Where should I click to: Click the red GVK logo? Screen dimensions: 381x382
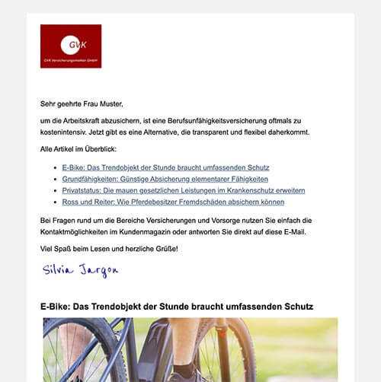point(71,46)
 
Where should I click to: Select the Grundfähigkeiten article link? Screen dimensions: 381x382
point(160,178)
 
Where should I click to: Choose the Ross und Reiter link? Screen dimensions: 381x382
point(173,202)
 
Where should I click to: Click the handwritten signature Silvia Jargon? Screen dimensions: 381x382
point(80,270)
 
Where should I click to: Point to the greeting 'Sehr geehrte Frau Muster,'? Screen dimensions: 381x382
point(82,103)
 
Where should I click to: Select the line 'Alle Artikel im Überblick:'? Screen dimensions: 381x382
point(79,149)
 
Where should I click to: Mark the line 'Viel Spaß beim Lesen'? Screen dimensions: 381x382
point(109,249)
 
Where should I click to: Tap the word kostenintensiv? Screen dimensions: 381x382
point(66,132)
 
